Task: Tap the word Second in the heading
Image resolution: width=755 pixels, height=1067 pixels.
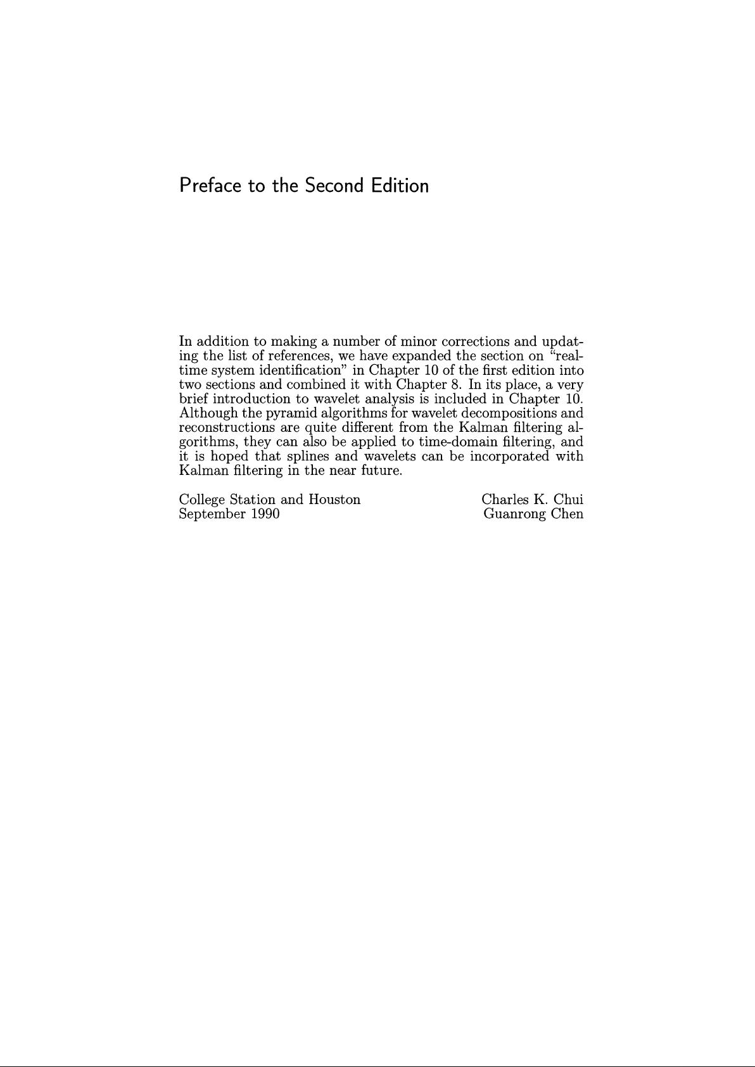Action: [x=334, y=186]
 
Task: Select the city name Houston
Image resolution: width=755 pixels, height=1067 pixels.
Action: [x=334, y=500]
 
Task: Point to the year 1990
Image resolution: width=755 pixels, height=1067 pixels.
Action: [x=265, y=514]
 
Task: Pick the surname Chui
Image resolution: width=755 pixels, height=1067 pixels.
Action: [x=568, y=500]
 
